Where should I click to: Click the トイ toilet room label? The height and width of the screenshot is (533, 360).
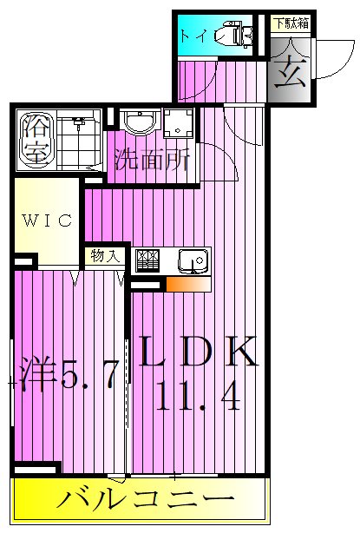click(x=193, y=36)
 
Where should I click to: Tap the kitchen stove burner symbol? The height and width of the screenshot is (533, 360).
click(x=147, y=260)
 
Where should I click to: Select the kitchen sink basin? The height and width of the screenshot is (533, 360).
click(x=192, y=259)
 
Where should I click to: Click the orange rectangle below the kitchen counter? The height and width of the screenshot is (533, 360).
click(x=187, y=283)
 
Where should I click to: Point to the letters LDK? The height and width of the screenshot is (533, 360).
click(x=199, y=353)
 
